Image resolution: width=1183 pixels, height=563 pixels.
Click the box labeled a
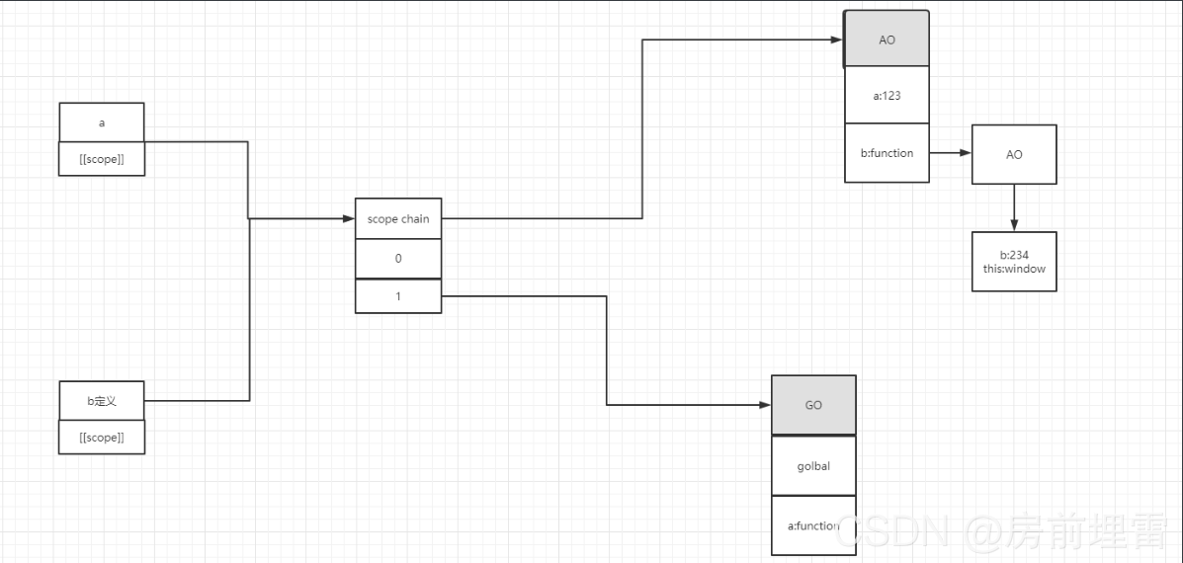(102, 122)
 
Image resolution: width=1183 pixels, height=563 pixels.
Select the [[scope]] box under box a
(102, 159)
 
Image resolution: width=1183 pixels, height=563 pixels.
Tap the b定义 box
(102, 401)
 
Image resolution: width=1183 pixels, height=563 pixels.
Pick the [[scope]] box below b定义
(102, 437)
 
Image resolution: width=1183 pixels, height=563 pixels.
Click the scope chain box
(398, 219)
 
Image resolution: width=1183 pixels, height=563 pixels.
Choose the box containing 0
(398, 259)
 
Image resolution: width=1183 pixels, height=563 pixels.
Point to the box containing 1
(398, 296)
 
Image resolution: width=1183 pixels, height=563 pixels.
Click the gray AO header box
(887, 40)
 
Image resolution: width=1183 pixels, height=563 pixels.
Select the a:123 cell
(887, 96)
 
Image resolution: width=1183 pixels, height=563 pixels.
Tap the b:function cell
(887, 153)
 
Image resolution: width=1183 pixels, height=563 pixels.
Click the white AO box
(1014, 154)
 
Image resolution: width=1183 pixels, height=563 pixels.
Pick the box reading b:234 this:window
(1014, 262)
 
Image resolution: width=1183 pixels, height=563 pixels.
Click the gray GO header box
(813, 405)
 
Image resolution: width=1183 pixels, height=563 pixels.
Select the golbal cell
(813, 465)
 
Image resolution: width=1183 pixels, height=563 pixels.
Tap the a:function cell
(813, 525)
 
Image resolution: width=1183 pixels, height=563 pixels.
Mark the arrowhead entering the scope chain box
(349, 218)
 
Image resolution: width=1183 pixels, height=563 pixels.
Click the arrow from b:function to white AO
(950, 153)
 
